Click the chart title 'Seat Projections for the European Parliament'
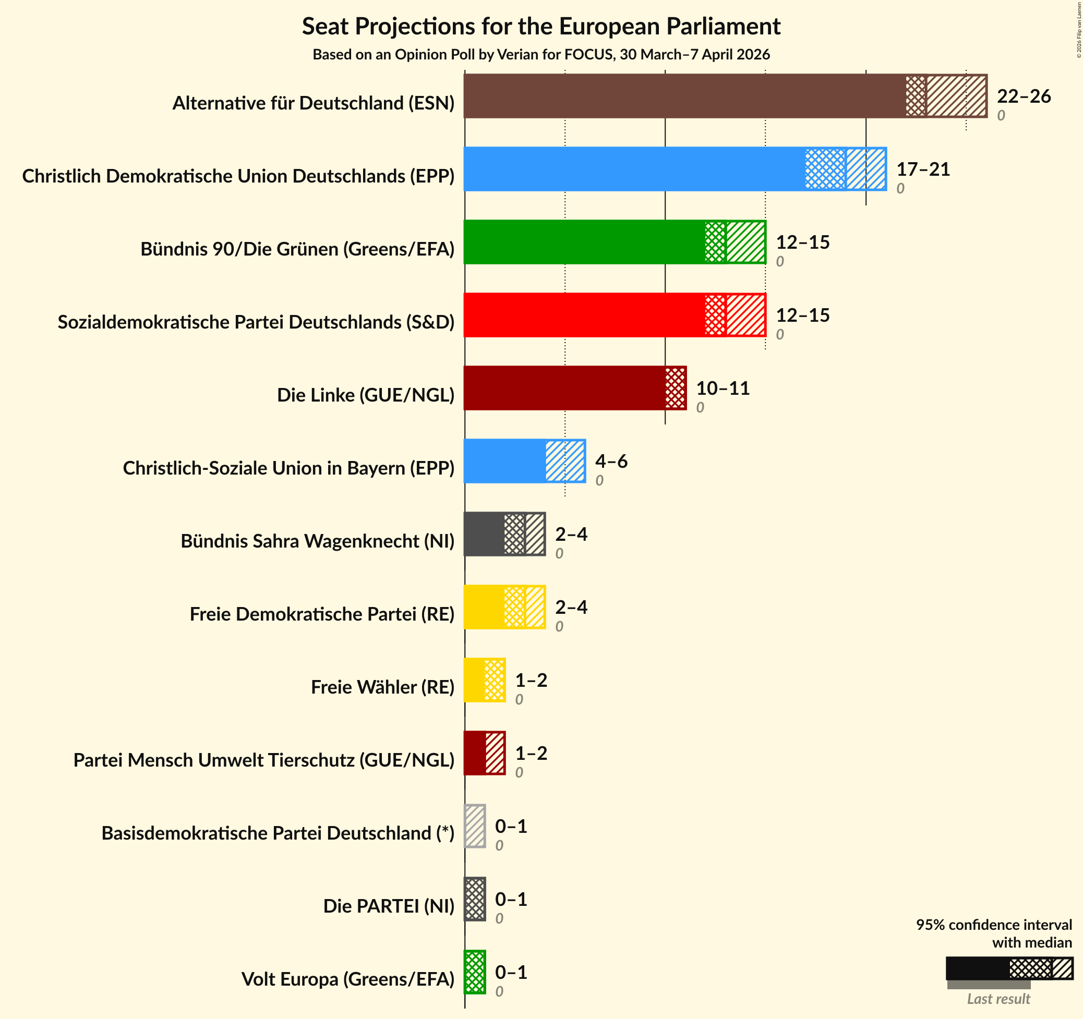pos(541,26)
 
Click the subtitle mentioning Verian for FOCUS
pos(541,54)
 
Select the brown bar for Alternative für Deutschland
pos(725,96)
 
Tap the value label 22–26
pos(1023,96)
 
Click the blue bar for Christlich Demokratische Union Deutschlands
pos(675,169)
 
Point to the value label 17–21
pos(923,169)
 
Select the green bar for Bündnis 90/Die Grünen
pos(615,242)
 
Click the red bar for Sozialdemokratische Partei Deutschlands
pos(615,315)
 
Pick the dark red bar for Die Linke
pos(575,388)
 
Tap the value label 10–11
pos(723,389)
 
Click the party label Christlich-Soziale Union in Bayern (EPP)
pos(288,468)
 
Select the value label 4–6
pos(611,462)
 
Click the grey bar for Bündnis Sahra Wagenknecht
pos(504,533)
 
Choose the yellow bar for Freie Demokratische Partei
pos(504,606)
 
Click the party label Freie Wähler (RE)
pos(382,687)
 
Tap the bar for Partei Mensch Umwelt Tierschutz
pos(484,753)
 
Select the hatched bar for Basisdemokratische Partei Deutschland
pos(475,826)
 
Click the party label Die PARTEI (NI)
pos(389,906)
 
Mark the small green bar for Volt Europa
pos(475,972)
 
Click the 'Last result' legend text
pos(998,998)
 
